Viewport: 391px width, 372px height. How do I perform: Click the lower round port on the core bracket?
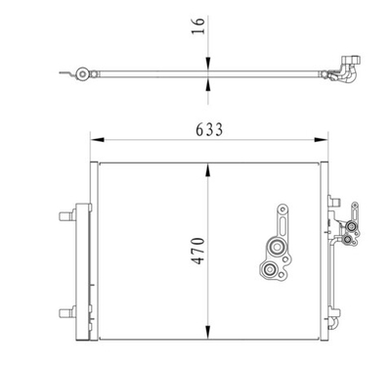coord(271,271)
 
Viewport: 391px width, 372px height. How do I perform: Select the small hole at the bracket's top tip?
coord(282,209)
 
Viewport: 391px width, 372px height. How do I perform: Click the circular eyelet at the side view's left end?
coord(85,72)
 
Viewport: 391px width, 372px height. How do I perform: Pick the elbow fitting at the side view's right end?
coord(347,70)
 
